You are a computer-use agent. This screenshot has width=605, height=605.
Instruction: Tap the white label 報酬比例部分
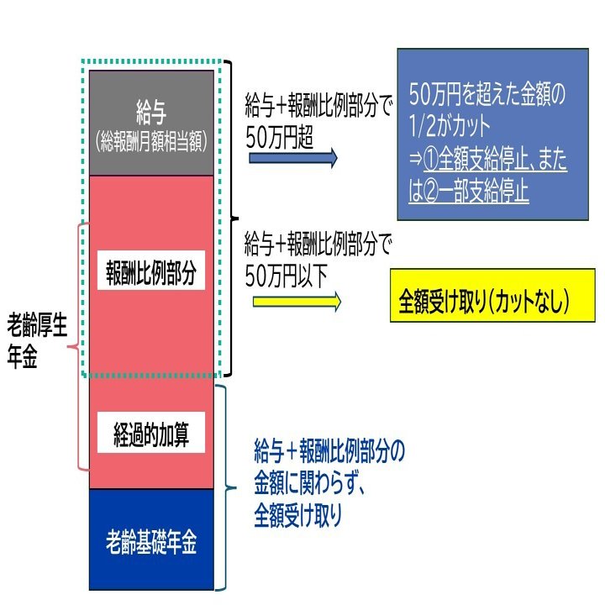pyautogui.click(x=150, y=274)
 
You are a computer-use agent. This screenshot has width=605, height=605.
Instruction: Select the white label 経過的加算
pyautogui.click(x=151, y=434)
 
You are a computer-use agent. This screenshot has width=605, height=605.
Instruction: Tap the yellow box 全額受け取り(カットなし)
pyautogui.click(x=492, y=295)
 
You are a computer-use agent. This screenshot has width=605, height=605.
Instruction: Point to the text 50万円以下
pyautogui.click(x=285, y=273)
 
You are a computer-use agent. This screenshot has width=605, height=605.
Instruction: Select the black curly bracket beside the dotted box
pyautogui.click(x=229, y=218)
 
